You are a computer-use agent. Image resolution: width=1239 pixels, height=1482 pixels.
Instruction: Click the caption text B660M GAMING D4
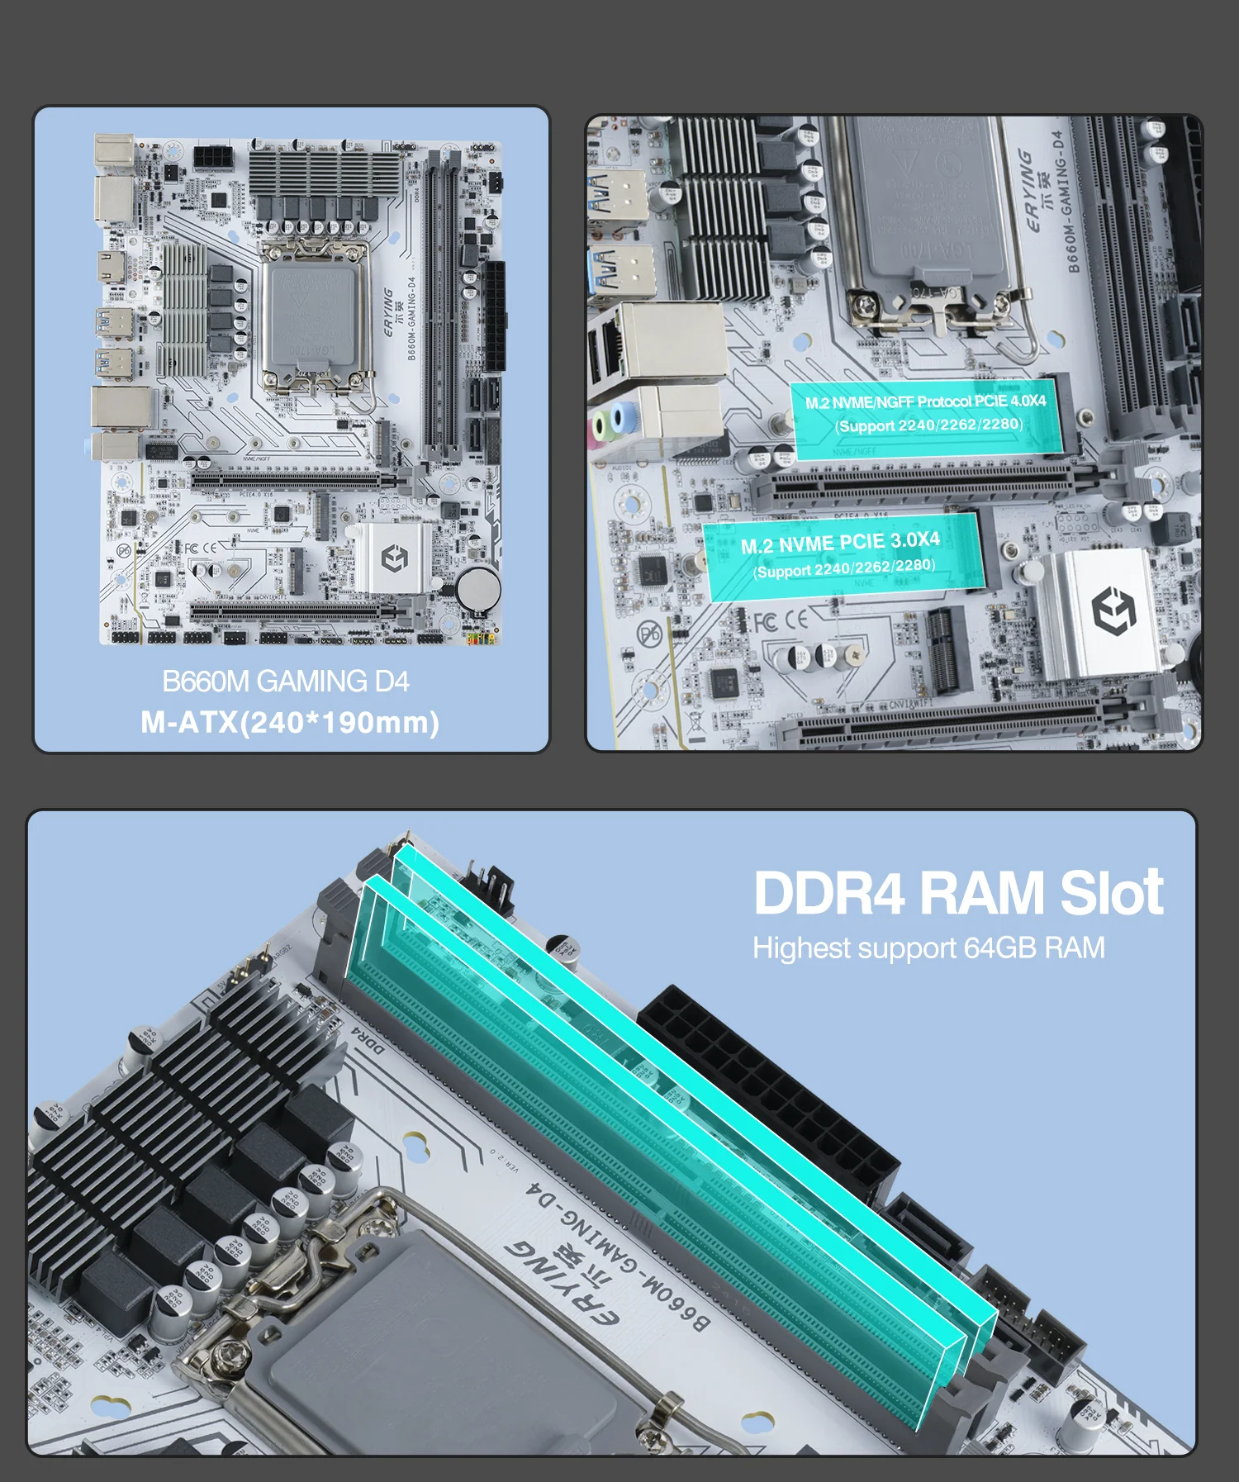(286, 682)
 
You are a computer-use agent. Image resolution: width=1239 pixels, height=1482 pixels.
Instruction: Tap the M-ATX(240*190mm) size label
(290, 723)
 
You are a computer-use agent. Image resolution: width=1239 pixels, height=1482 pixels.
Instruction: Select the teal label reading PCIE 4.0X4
(926, 413)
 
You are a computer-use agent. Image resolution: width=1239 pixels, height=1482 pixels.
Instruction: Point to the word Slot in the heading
(1112, 894)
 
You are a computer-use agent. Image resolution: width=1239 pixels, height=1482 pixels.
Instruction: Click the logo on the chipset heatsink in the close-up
(1113, 610)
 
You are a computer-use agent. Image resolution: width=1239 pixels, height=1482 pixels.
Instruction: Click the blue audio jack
(625, 416)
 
